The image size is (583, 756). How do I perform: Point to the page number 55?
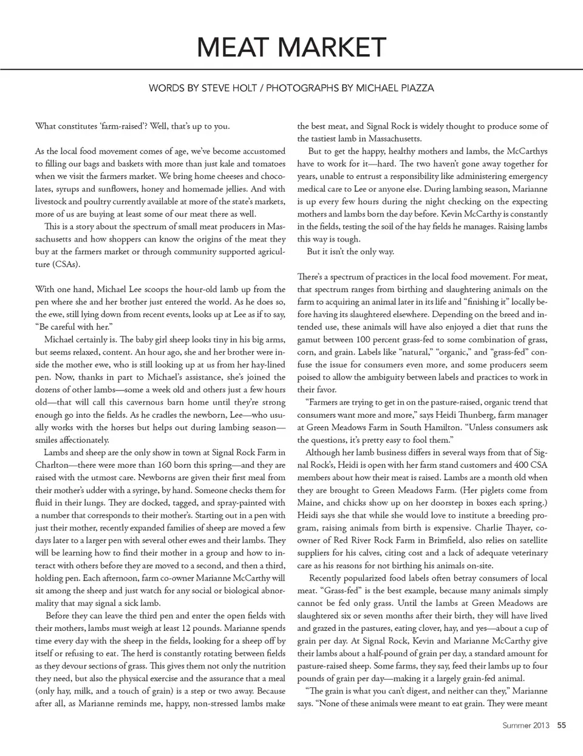(x=562, y=724)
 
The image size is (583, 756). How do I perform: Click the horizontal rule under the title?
(x=291, y=69)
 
